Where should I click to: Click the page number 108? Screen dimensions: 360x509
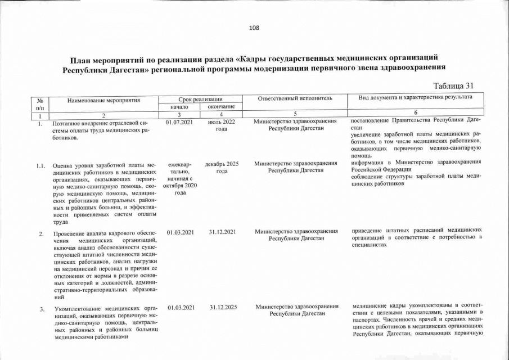(254, 28)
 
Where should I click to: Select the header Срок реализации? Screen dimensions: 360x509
(201, 99)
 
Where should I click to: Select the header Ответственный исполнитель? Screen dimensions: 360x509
(295, 99)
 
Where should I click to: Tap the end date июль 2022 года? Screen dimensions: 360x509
(222, 125)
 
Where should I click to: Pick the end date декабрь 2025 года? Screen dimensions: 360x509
(222, 168)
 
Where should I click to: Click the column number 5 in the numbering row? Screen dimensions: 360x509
(295, 114)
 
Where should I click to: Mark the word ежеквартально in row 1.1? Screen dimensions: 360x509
(180, 168)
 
